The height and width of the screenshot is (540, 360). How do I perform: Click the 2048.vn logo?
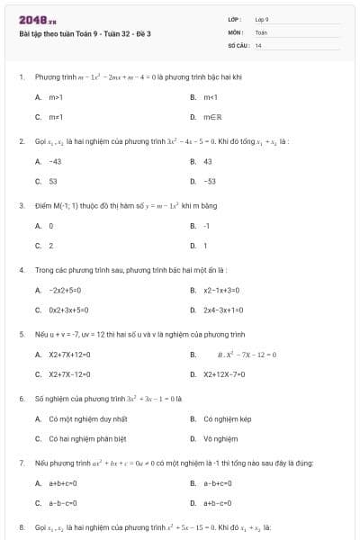[x=31, y=19]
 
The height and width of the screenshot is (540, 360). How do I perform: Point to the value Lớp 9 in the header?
[x=262, y=19]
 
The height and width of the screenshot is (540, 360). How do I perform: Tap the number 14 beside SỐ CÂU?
[x=258, y=44]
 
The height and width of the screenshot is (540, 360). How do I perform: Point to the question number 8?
[x=21, y=526]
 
